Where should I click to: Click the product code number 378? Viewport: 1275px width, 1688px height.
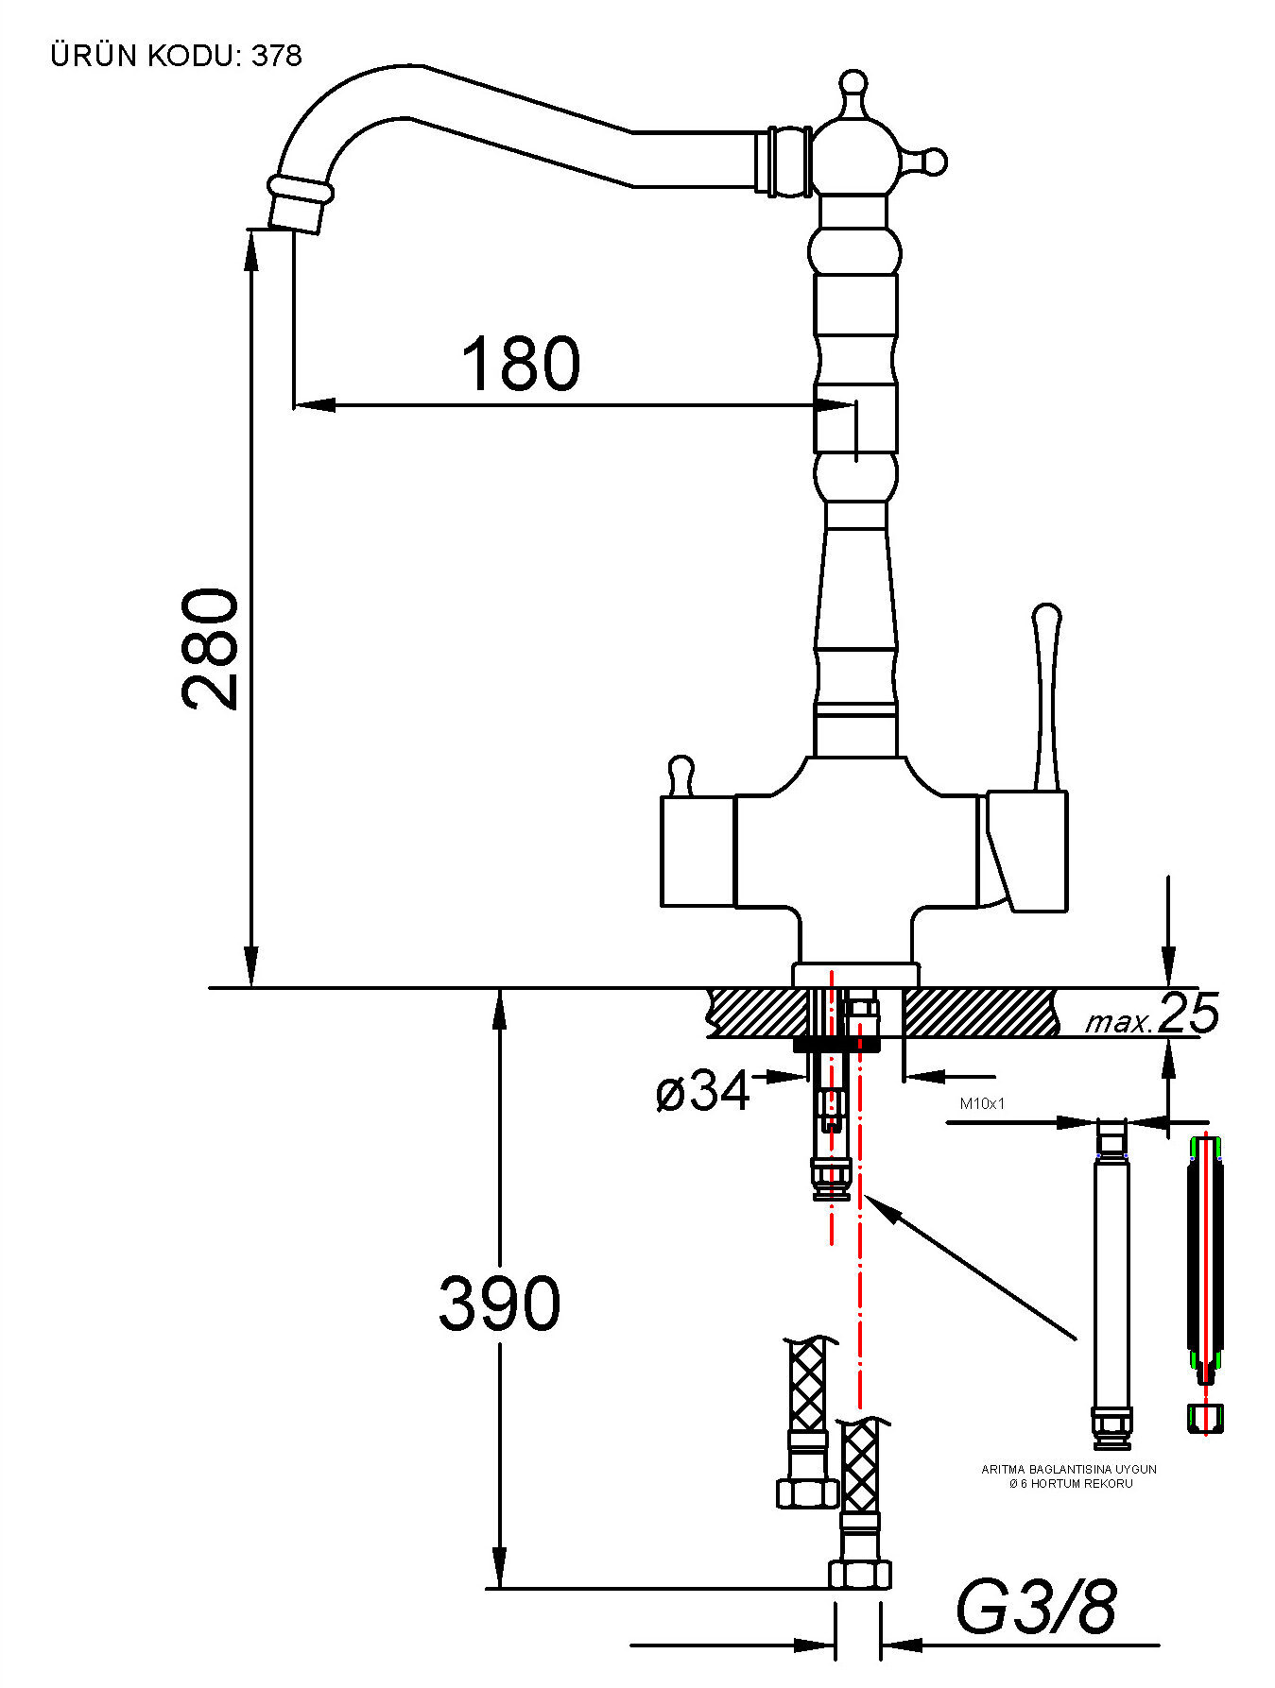click(x=276, y=57)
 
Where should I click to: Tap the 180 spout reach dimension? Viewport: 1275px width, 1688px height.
click(x=521, y=364)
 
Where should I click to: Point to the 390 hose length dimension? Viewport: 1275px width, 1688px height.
click(x=500, y=1304)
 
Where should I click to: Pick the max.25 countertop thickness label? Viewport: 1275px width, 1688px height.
click(x=1151, y=1013)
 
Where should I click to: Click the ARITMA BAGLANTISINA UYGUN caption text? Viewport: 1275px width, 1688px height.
click(x=1069, y=1470)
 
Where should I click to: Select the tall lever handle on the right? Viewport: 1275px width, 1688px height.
click(x=1044, y=694)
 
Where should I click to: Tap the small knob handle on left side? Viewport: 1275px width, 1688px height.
click(x=680, y=776)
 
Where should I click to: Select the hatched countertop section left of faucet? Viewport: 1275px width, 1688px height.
click(x=752, y=1012)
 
